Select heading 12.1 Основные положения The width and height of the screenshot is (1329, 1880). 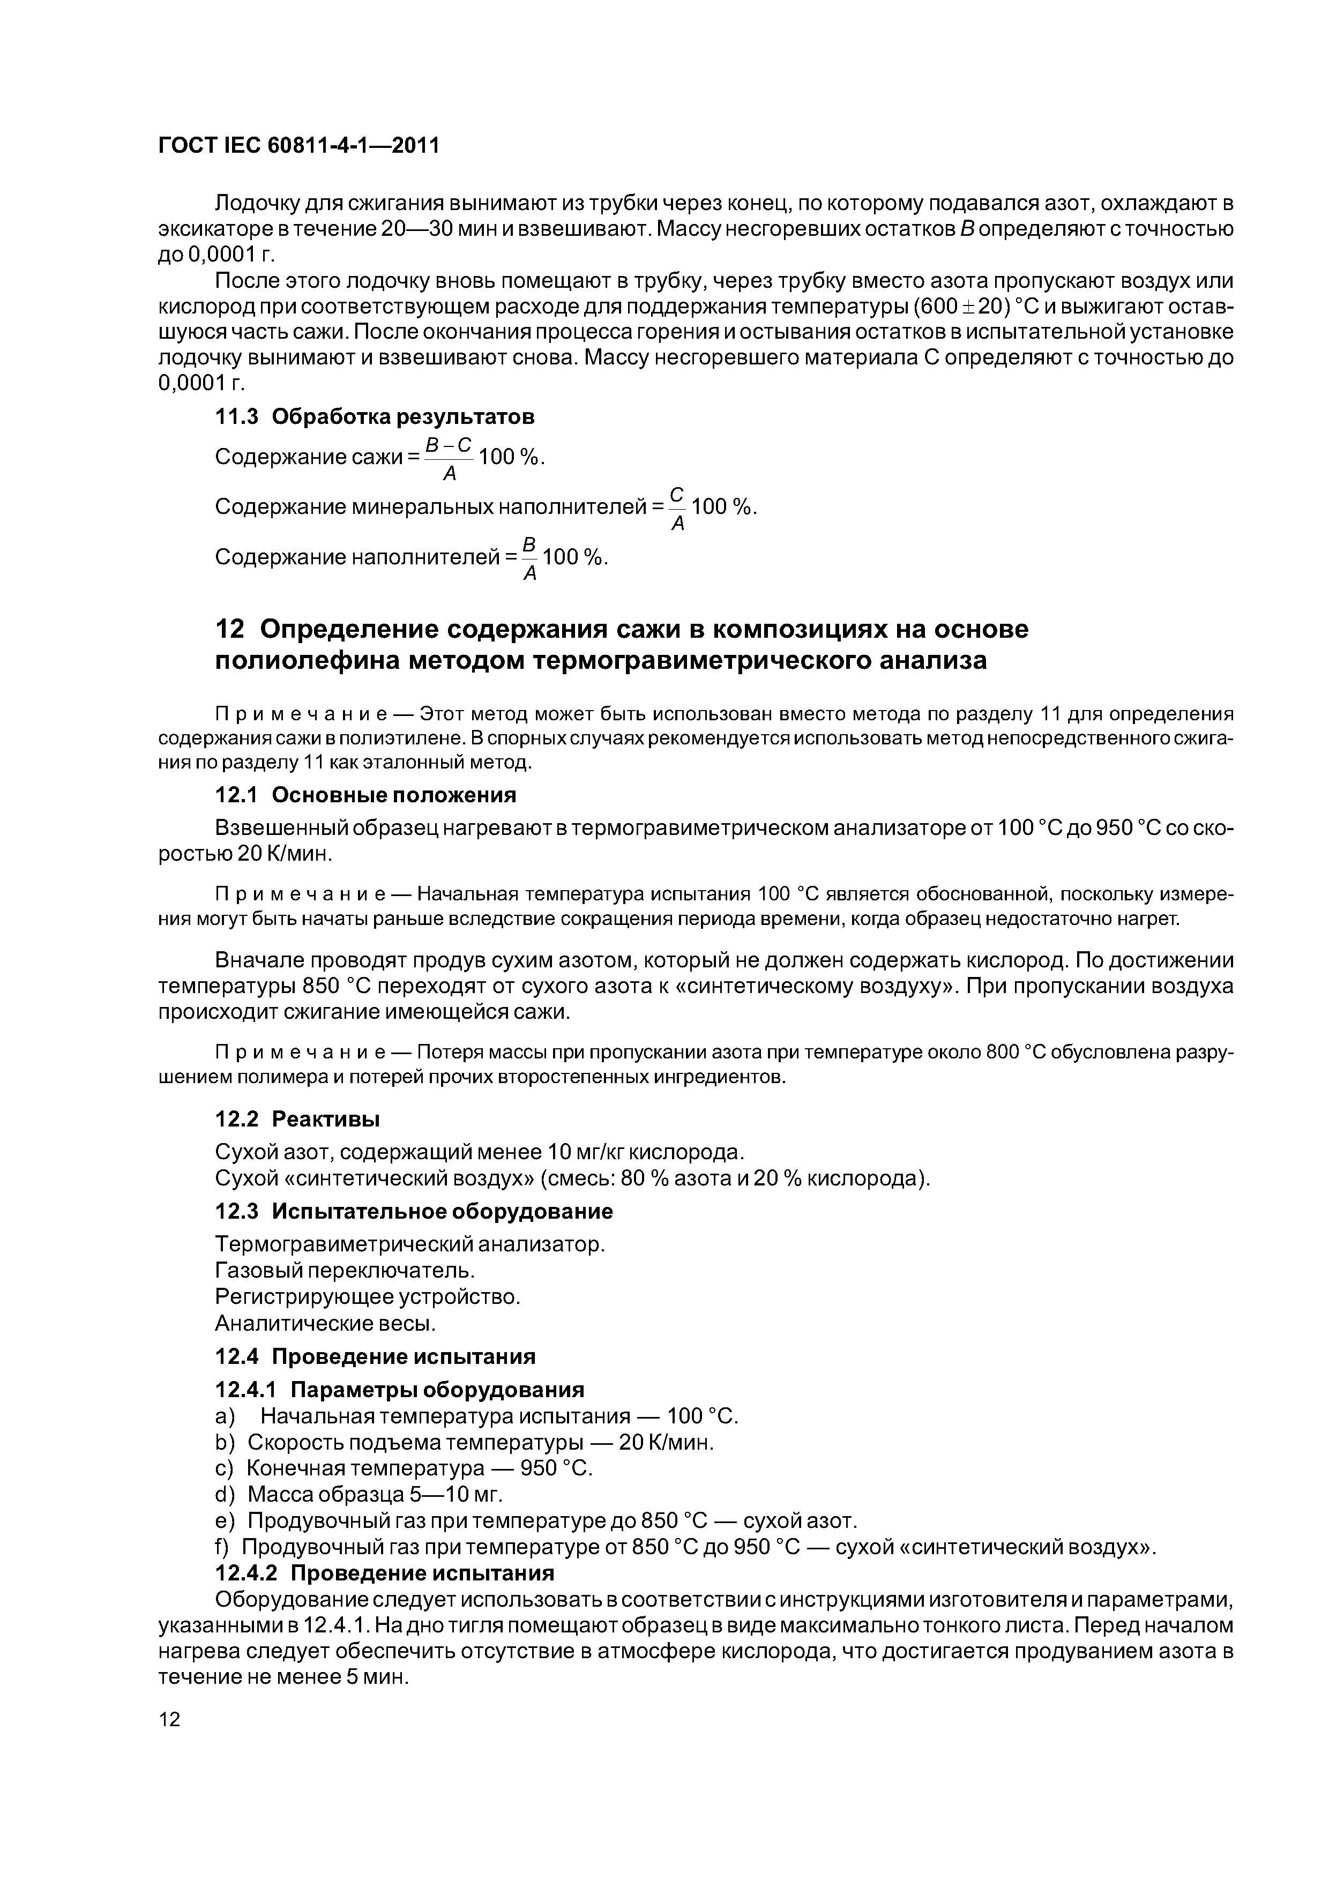tap(365, 795)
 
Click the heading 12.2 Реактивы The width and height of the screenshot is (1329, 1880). tap(297, 1118)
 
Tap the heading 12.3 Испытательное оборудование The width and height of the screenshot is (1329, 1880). tap(414, 1211)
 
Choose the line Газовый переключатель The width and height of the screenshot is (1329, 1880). tap(345, 1271)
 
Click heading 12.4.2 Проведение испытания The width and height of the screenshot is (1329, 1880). tap(384, 1573)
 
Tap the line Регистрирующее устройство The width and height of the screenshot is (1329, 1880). tap(368, 1297)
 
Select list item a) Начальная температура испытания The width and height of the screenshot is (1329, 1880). tap(476, 1416)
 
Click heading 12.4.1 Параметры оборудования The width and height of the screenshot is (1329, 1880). tap(400, 1390)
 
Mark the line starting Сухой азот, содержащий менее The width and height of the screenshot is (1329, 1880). tap(480, 1152)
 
